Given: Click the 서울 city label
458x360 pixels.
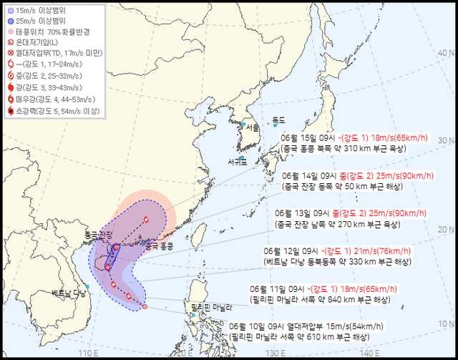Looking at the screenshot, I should [252, 127].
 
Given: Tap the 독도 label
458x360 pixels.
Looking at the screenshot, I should [278, 120].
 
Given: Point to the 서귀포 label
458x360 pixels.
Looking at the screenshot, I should [239, 161].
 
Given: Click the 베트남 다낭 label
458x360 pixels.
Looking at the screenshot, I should [69, 293].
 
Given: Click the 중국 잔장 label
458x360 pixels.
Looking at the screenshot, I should [98, 235].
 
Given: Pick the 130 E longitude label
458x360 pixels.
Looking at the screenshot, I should [276, 353].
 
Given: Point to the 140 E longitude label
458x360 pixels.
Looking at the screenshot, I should [369, 353].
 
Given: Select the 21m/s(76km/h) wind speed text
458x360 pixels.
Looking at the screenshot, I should [378, 250].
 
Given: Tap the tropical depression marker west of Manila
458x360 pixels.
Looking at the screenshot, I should [145, 307].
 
